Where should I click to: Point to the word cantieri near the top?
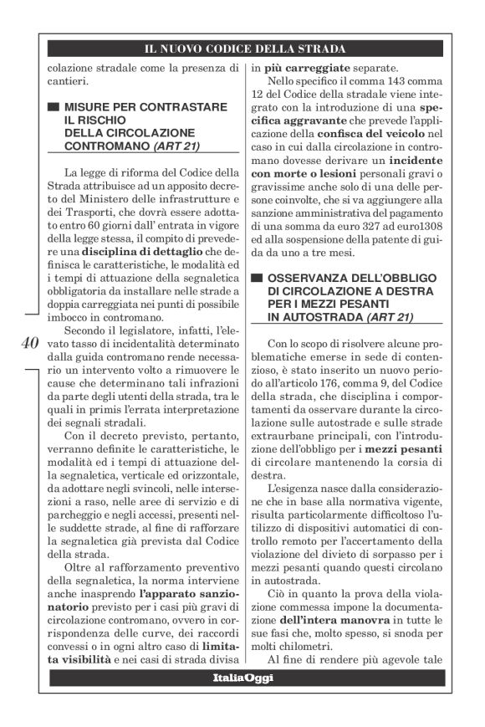[x=65, y=82]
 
